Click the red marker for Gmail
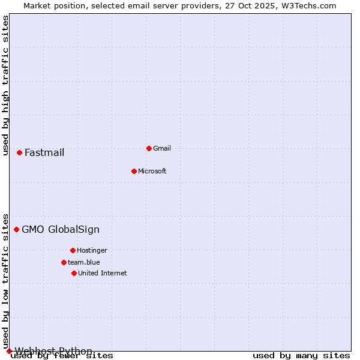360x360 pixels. click(x=149, y=148)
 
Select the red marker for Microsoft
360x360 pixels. click(x=134, y=171)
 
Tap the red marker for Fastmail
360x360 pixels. click(x=19, y=152)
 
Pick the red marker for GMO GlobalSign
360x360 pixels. click(x=16, y=229)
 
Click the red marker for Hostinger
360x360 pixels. click(x=73, y=250)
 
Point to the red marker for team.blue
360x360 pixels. click(x=64, y=262)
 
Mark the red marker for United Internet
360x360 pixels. click(x=74, y=273)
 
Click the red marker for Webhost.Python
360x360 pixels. click(x=9, y=351)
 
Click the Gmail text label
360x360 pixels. click(x=162, y=148)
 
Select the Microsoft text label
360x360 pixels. click(x=152, y=171)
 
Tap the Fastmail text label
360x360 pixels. click(x=44, y=152)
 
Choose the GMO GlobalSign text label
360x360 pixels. click(x=61, y=229)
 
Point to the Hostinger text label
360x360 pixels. click(x=92, y=250)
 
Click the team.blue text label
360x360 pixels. click(x=84, y=262)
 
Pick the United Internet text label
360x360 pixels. click(x=103, y=273)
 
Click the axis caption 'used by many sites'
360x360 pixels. click(x=301, y=356)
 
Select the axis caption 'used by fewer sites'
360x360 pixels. click(x=62, y=356)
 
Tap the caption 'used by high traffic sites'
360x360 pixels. click(x=6, y=85)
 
